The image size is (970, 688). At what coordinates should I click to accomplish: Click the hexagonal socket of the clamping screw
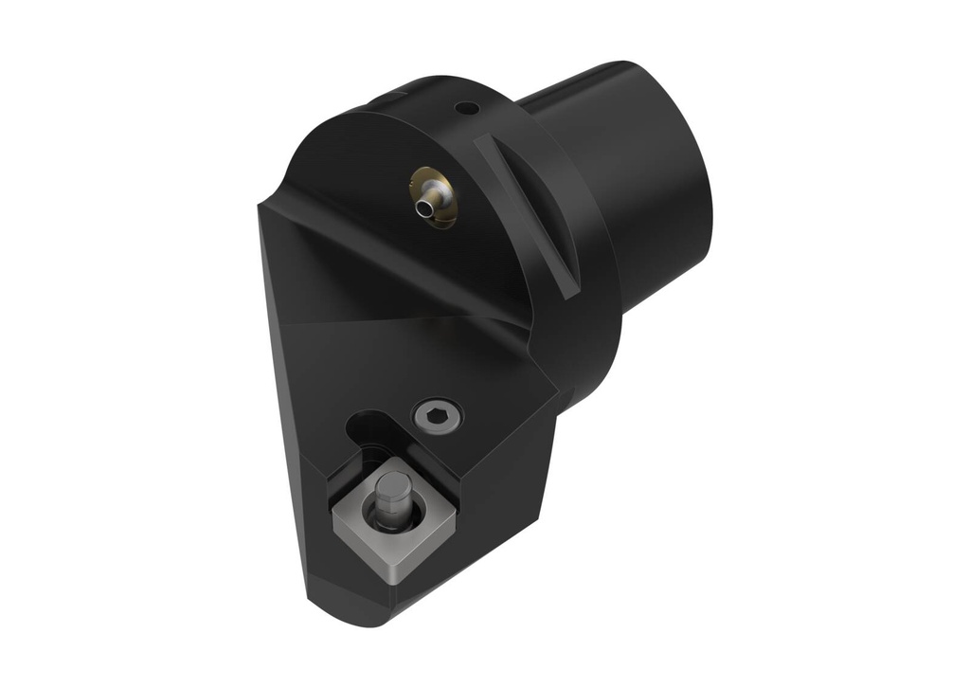point(438,414)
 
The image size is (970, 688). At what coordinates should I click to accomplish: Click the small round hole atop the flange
point(465,109)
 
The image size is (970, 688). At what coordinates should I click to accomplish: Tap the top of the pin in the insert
point(386,485)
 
